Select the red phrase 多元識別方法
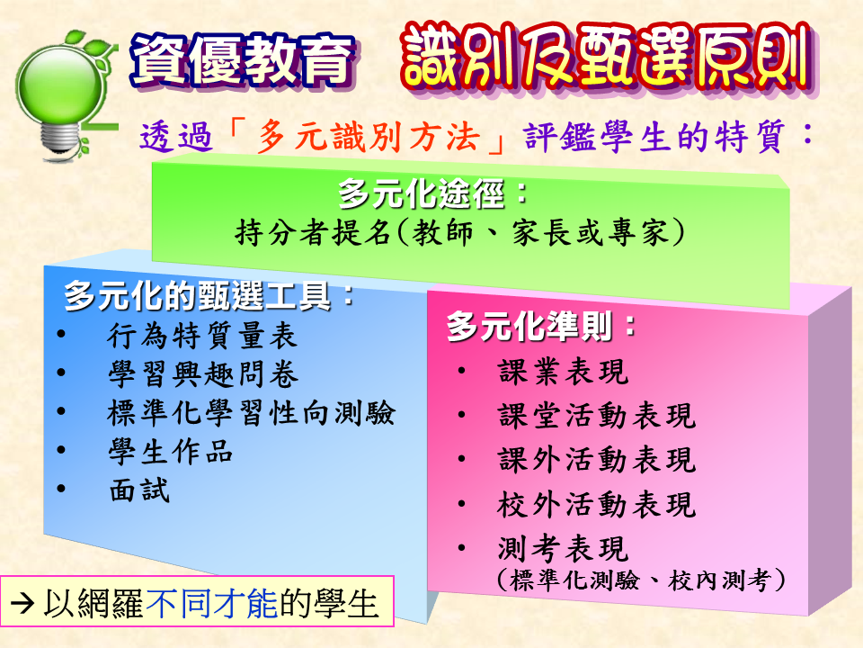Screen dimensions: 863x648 (x=369, y=137)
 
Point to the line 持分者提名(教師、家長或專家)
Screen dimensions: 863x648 (x=460, y=232)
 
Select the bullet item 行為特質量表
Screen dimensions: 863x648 (x=202, y=336)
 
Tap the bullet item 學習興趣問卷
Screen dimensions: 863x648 (x=203, y=374)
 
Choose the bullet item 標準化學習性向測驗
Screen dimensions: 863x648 (x=251, y=413)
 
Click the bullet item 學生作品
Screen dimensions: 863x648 (x=171, y=451)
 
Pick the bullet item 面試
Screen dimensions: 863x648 (x=139, y=490)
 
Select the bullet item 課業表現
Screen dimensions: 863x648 (x=563, y=371)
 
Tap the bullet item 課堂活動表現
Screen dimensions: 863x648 (x=597, y=416)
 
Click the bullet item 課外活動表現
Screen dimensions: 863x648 (x=597, y=460)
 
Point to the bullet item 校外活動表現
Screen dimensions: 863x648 (x=597, y=504)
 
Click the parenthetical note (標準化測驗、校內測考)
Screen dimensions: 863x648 (x=641, y=580)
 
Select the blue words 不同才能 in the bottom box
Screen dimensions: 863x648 (x=212, y=603)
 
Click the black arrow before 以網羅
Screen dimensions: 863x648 (x=22, y=603)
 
